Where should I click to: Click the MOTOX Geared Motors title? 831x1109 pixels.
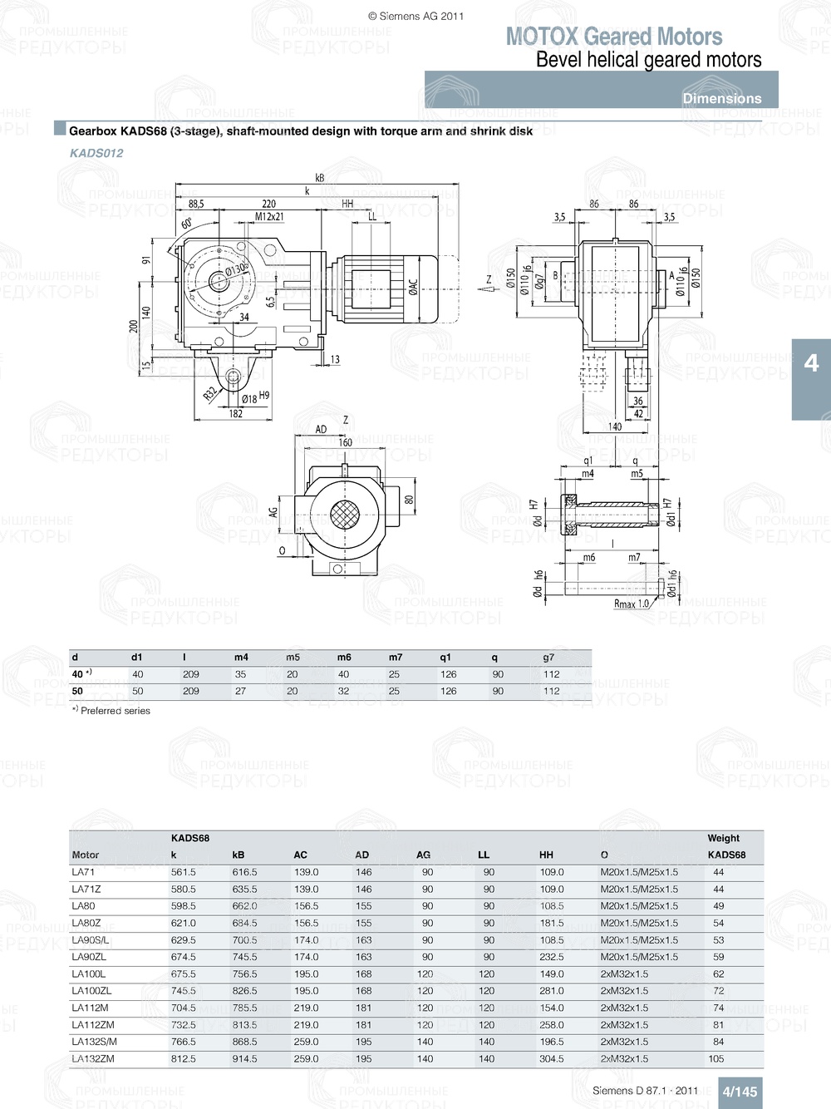[613, 37]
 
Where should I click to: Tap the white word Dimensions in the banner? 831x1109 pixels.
[721, 98]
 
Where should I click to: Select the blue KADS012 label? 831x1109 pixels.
[96, 153]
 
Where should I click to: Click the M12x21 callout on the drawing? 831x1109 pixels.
[269, 217]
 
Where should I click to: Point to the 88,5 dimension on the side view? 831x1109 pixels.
[196, 204]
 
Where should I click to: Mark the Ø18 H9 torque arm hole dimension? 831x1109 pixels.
[254, 398]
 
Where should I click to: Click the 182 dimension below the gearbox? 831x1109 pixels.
[236, 414]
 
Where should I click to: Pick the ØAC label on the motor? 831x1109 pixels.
[413, 288]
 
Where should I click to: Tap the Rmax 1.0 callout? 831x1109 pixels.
[632, 604]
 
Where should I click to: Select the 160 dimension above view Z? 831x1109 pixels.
[345, 443]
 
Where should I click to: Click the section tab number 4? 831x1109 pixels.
[811, 363]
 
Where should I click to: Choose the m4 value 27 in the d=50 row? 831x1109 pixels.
[240, 691]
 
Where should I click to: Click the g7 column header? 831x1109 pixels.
[548, 658]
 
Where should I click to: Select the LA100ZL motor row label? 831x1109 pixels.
[91, 991]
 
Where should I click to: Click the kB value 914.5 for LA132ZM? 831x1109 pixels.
[244, 1059]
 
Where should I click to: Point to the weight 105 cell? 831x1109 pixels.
[715, 1059]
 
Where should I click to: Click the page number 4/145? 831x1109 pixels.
[739, 1092]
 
